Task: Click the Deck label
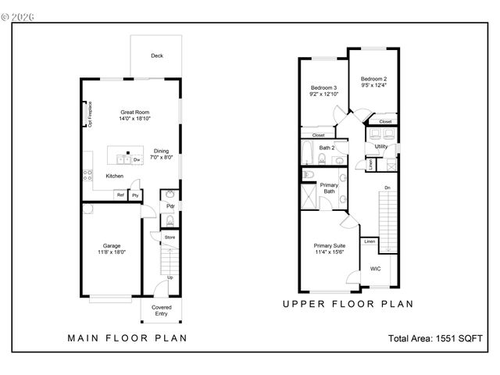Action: [x=156, y=55]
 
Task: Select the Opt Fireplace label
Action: [x=90, y=113]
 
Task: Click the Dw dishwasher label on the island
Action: [x=136, y=159]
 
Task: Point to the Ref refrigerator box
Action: [x=120, y=195]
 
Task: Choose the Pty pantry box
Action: [x=134, y=195]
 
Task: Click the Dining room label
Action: [x=161, y=151]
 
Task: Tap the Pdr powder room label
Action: [x=170, y=206]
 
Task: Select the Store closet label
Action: [x=169, y=236]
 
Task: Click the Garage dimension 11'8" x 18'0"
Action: [x=110, y=252]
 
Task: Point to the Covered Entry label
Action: [x=161, y=310]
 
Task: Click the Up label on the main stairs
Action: [x=170, y=277]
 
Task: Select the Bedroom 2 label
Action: [x=373, y=79]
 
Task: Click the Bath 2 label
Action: [x=327, y=147]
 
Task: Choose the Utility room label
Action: [x=380, y=146]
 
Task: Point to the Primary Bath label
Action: [x=329, y=187]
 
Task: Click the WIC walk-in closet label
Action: [x=375, y=268]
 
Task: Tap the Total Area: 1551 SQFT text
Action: [x=435, y=338]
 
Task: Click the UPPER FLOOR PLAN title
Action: [x=348, y=304]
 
